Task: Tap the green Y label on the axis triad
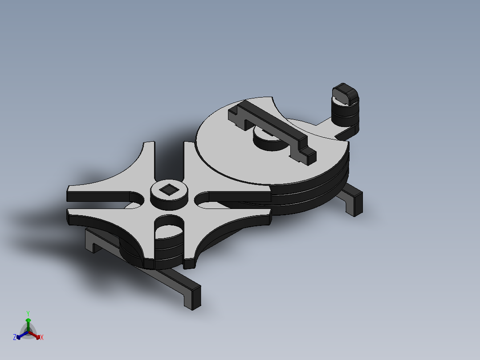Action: point(28,313)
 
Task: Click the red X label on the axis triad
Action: point(42,338)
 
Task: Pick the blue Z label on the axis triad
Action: point(15,338)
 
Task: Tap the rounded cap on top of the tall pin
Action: point(345,92)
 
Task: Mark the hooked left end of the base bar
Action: point(91,241)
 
